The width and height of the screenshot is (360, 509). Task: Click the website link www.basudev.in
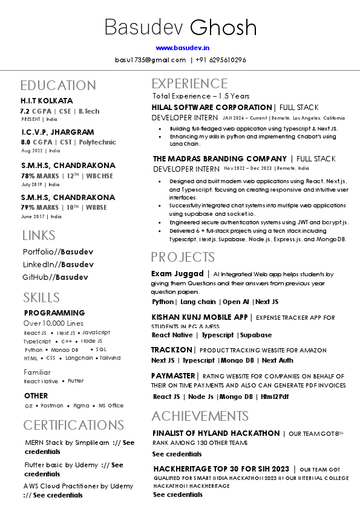point(182,47)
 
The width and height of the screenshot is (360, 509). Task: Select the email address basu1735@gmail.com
point(150,60)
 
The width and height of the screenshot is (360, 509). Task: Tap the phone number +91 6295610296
point(221,60)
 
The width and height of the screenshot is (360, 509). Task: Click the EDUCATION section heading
point(57,85)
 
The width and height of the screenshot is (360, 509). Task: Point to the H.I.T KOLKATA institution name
point(47,101)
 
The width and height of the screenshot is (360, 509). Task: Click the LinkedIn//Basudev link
point(58,264)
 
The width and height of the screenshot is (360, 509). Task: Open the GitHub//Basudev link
point(55,277)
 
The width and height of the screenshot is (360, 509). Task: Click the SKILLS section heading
point(41,297)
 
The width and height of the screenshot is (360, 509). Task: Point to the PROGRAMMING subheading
point(54,313)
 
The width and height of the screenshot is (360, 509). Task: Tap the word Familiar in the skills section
point(37,372)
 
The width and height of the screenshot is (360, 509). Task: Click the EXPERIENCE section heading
point(189,83)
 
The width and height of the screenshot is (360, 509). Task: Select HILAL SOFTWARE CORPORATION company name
point(212,107)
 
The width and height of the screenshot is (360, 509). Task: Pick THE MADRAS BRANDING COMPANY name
point(220,159)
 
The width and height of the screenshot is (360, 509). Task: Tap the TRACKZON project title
point(172,350)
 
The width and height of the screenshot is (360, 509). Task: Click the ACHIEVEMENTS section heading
point(200,416)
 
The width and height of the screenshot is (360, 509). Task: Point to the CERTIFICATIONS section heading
point(73,424)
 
